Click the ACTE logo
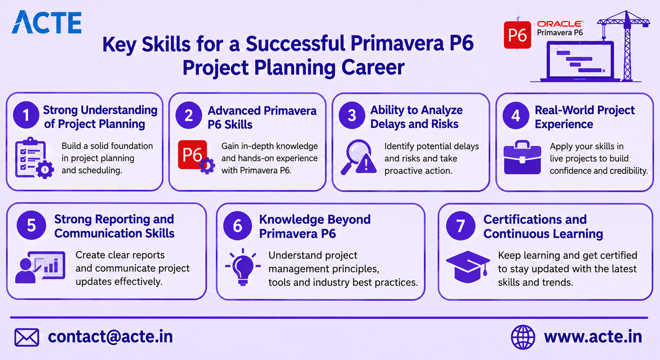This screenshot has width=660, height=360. click(47, 22)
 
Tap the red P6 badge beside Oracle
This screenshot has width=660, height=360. click(517, 35)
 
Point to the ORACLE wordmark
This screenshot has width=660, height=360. click(560, 24)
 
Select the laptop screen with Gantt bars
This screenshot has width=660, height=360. click(580, 60)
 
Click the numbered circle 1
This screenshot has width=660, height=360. click(26, 115)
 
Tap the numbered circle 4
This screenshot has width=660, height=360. click(516, 115)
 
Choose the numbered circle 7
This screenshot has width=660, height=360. click(461, 226)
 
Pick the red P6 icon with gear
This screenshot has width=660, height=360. click(196, 157)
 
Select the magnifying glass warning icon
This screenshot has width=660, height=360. click(359, 157)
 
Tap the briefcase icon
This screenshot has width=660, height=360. click(522, 157)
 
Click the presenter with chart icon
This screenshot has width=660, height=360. click(40, 267)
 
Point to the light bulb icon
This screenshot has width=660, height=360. click(243, 267)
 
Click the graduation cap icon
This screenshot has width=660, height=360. click(468, 267)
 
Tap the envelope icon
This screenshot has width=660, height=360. click(27, 337)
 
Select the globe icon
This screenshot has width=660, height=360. click(523, 337)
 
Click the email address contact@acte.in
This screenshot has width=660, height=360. click(110, 337)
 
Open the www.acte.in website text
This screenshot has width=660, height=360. click(593, 337)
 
